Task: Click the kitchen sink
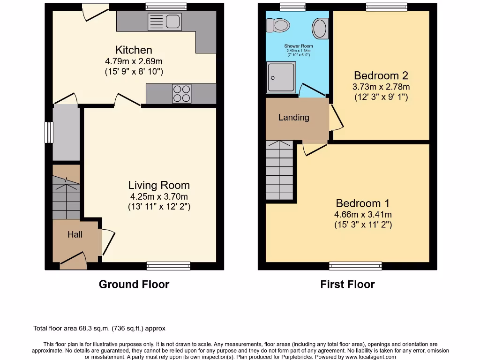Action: [164, 22]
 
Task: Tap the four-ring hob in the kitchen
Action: [182, 93]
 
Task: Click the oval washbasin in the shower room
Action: [320, 28]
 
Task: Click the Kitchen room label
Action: [134, 50]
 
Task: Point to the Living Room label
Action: [159, 185]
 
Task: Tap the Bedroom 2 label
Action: [381, 75]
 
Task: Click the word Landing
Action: [294, 118]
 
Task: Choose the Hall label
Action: [75, 234]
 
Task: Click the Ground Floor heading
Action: [134, 284]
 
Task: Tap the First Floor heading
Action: [347, 284]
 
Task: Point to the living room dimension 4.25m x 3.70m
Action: [159, 197]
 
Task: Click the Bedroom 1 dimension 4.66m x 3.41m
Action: [363, 215]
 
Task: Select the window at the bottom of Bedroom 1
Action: [355, 266]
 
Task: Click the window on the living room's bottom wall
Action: [168, 266]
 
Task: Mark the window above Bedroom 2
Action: [387, 7]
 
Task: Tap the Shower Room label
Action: [299, 46]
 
